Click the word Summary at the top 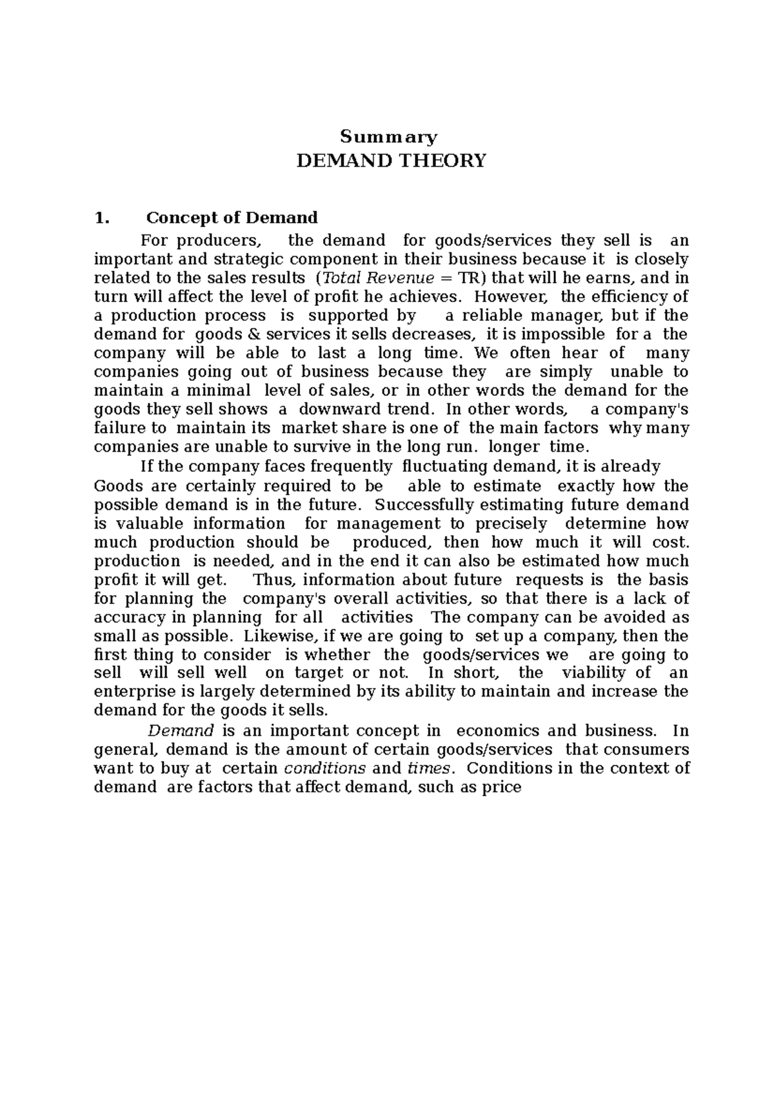(x=389, y=137)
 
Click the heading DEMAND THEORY (x=390, y=160)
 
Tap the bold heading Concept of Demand (x=232, y=218)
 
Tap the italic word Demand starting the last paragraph (x=181, y=731)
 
